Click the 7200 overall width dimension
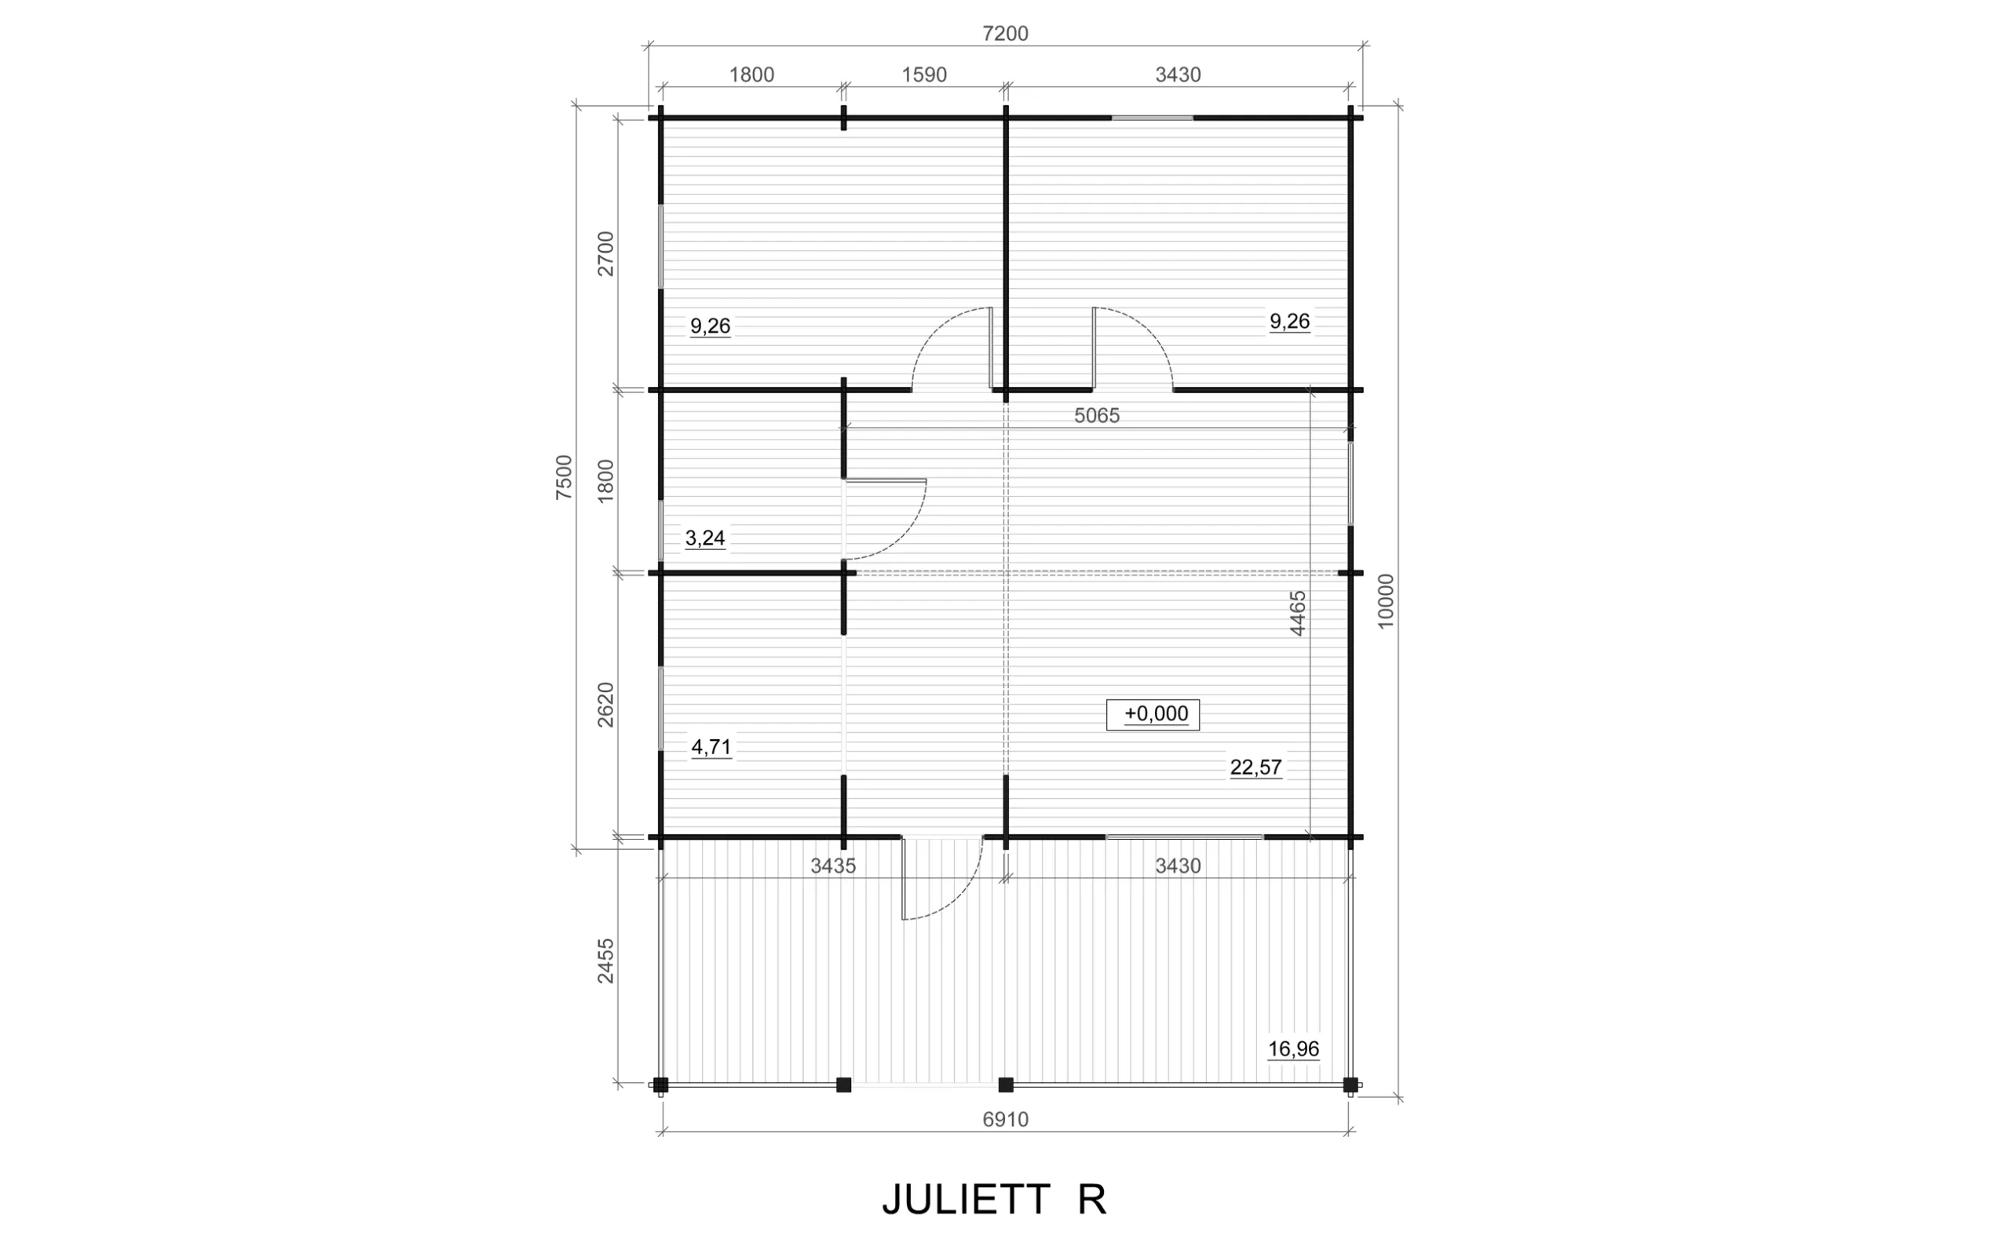coord(1005,34)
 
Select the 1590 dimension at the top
coord(924,75)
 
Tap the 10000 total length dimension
coord(1385,601)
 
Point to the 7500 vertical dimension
coord(565,477)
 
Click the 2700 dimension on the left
coord(605,254)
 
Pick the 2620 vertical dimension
coord(605,705)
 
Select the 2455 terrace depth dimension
coord(605,961)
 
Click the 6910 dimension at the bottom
coord(1005,1120)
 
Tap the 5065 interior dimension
coord(1097,416)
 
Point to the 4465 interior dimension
coord(1298,613)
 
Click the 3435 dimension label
coord(832,866)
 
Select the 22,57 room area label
coord(1256,767)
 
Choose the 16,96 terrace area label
coord(1294,1048)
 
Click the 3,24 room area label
coord(705,538)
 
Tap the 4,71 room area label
coord(711,747)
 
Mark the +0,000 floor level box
coord(1153,714)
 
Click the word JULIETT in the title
coord(966,1200)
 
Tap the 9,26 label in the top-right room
coord(1289,322)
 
